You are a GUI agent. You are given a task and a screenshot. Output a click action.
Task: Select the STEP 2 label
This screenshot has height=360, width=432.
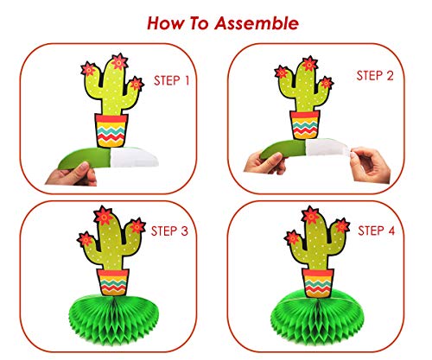coord(378,77)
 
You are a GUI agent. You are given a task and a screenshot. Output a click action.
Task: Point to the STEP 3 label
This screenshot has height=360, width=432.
coord(173,232)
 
